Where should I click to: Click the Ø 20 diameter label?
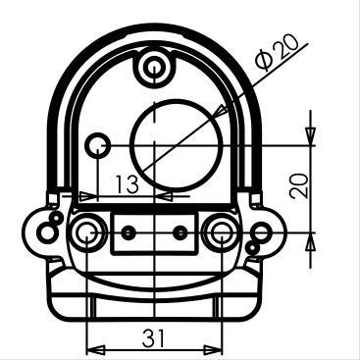click(x=278, y=51)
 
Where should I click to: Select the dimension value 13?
click(x=128, y=184)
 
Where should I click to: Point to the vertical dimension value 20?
click(x=299, y=185)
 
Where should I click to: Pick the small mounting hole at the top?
click(x=154, y=69)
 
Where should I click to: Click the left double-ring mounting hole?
click(x=86, y=232)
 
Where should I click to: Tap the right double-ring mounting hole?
click(x=221, y=232)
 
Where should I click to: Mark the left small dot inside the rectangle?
click(x=128, y=232)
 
